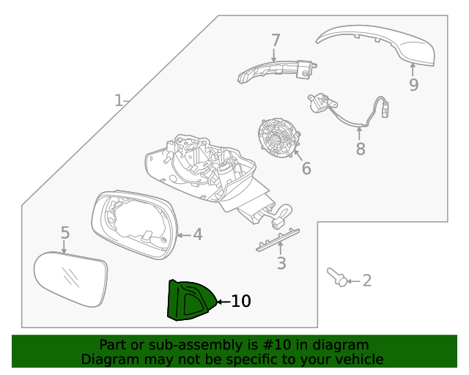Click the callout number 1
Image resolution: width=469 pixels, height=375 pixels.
coord(119,100)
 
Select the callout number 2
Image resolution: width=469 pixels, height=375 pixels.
coord(367,281)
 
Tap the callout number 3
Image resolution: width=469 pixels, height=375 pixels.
coord(281,264)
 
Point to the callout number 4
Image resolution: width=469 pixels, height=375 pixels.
coord(197,234)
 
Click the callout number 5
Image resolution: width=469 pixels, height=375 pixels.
coord(64,233)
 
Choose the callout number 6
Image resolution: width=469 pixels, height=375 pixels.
coord(306,168)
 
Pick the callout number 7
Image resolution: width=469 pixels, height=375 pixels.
coord(276,40)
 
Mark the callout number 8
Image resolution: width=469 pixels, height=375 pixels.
coord(360,149)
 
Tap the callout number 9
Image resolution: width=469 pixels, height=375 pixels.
coord(413,85)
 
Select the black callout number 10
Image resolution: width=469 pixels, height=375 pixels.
coord(241,301)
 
